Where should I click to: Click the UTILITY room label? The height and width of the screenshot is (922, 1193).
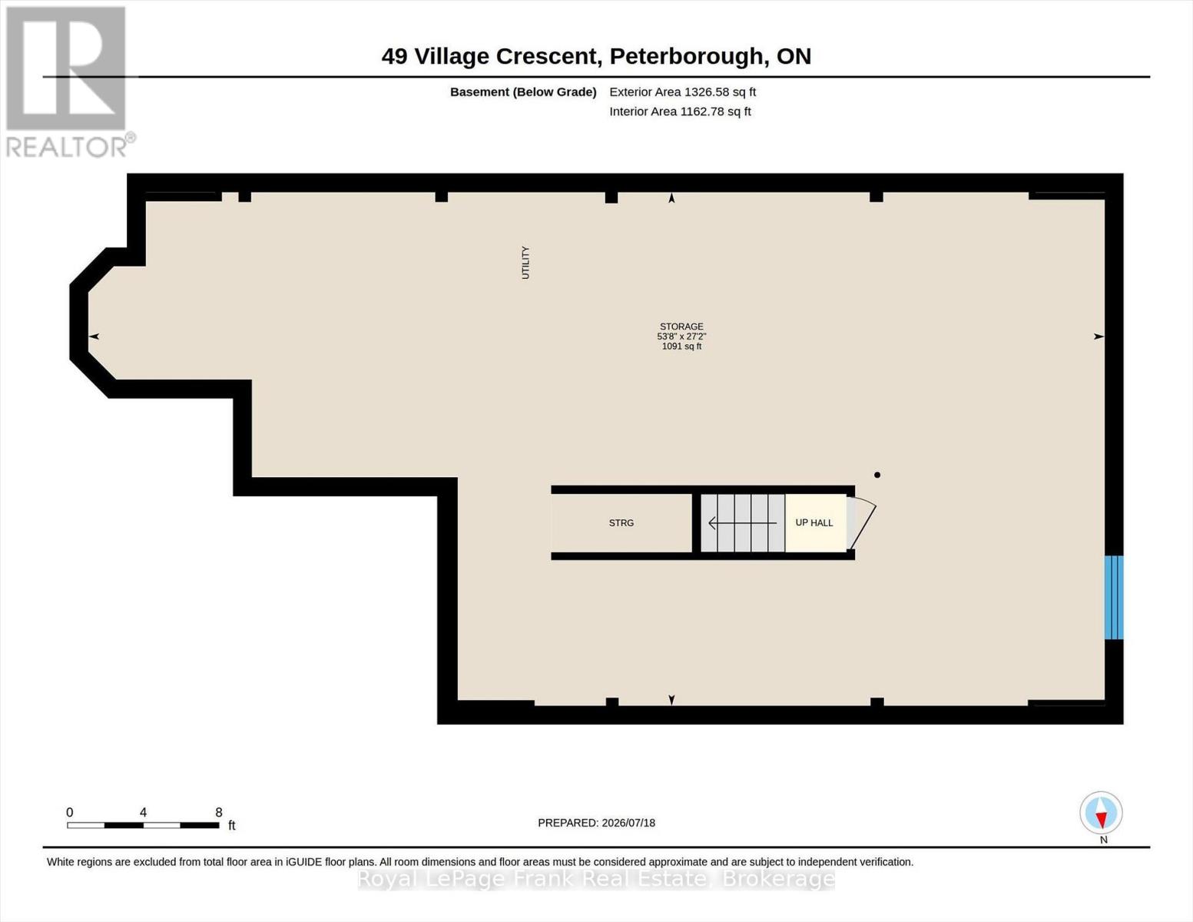(x=525, y=263)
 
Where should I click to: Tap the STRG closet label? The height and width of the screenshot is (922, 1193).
(x=621, y=522)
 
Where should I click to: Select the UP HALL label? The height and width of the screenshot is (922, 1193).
(x=814, y=522)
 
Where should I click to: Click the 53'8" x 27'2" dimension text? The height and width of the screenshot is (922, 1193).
(x=681, y=336)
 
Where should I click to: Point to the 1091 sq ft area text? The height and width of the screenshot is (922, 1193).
(x=681, y=347)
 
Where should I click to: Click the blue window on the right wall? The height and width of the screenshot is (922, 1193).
(x=1114, y=598)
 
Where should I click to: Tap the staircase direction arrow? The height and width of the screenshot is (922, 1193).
(x=742, y=523)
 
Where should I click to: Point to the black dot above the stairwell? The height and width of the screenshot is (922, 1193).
(x=877, y=475)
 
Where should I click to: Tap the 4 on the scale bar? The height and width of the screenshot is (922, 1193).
(x=144, y=812)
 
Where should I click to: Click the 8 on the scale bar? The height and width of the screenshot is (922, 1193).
(x=218, y=812)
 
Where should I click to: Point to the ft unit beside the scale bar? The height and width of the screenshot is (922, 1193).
(x=232, y=825)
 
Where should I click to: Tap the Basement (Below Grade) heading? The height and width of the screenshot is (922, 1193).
(x=523, y=92)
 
